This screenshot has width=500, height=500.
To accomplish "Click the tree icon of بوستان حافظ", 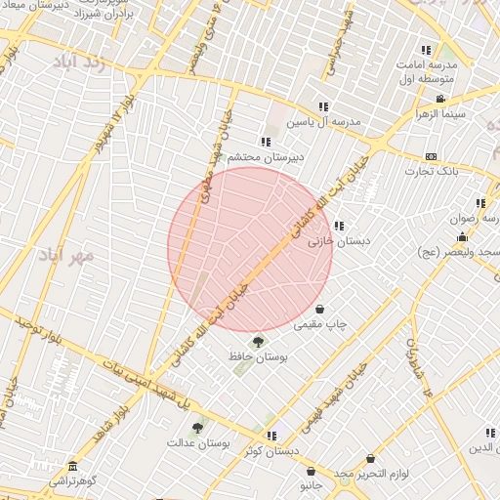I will point(258,341).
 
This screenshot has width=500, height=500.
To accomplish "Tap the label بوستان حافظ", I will point(258,357).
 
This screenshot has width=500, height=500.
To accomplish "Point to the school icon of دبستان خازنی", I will point(339,226).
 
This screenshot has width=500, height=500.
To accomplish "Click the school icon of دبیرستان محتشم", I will point(266,142).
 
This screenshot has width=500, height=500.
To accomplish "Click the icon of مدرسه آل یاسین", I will point(323,106).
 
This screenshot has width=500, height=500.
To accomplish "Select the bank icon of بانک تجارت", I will point(431,156).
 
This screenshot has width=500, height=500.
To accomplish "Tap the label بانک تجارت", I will point(432,172).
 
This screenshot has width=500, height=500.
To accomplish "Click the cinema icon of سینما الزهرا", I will point(440,99).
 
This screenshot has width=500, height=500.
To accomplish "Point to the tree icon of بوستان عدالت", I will point(197,428).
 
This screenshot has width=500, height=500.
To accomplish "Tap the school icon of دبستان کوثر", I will point(271,436).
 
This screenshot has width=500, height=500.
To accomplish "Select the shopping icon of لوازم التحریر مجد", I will point(370,458).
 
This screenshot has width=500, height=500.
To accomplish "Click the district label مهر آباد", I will point(66,256).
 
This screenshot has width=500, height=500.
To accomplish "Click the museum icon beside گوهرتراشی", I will point(71,466).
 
